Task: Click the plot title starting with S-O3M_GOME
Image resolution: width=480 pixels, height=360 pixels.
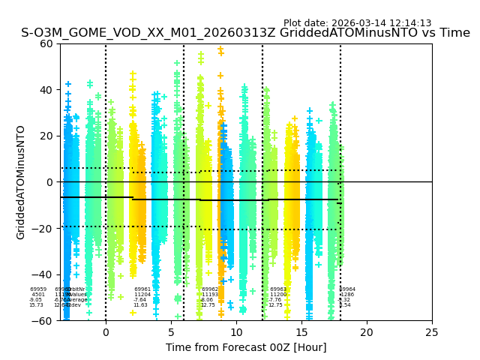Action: point(245,33)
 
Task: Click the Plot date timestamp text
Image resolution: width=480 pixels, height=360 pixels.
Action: point(357,23)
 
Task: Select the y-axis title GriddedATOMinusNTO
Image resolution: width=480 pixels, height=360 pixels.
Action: point(21,182)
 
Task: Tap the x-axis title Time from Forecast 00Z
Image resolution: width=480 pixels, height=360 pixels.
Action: point(246,347)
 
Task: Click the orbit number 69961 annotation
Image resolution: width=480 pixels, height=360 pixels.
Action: point(142,289)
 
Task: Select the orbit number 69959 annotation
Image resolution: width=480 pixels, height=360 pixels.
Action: point(38,289)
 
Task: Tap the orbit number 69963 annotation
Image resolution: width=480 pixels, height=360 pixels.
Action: point(277,289)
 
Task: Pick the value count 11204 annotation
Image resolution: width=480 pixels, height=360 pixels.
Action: point(142,295)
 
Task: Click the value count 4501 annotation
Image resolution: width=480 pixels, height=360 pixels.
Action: point(38,295)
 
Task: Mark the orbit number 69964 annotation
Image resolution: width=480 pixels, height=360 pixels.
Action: point(347,289)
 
